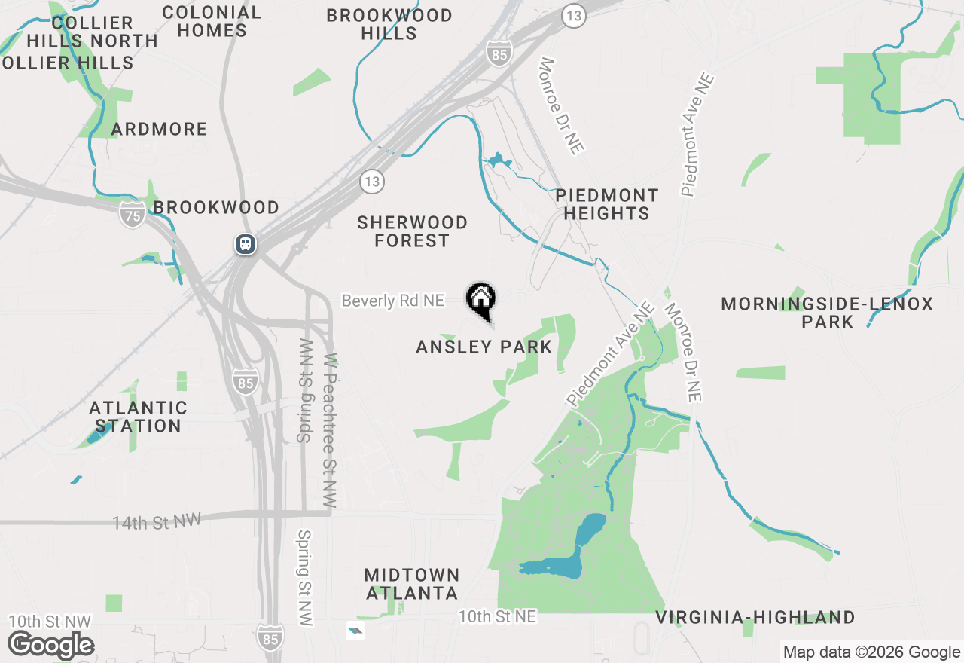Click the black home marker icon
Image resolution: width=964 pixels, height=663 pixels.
[480, 298]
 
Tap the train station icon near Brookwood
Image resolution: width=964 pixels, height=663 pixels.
[246, 244]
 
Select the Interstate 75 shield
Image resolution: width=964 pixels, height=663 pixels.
[132, 216]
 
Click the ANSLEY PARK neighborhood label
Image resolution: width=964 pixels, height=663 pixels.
[484, 347]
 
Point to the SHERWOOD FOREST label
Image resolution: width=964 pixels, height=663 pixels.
[412, 231]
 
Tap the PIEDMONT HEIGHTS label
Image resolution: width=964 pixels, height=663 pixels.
[606, 204]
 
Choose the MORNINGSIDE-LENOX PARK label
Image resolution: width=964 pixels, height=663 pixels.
[827, 313]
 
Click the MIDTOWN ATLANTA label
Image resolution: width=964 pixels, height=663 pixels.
[411, 584]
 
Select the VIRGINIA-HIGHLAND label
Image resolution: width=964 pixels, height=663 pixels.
[755, 618]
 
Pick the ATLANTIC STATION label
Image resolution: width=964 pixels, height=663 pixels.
[139, 417]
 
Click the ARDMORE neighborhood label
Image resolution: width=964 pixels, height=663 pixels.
[159, 130]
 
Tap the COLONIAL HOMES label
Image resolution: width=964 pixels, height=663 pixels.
[212, 21]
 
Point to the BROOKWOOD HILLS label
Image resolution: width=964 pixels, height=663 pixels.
[389, 24]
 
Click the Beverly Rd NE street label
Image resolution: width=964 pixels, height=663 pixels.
[393, 301]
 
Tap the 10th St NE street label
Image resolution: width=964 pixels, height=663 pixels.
[498, 617]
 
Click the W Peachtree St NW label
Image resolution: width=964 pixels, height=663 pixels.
[330, 431]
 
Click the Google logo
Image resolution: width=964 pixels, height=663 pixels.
[51, 646]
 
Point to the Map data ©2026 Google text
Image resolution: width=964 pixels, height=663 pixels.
[871, 652]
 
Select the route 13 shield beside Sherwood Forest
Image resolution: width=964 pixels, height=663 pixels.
[371, 181]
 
